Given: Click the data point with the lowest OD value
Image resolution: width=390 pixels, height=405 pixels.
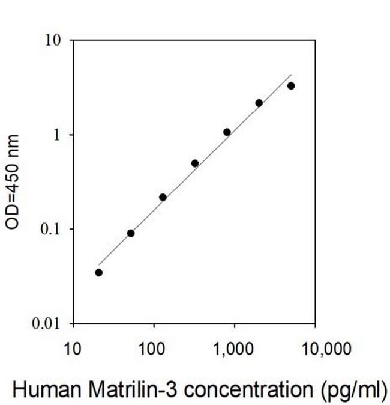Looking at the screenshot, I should [x=99, y=273].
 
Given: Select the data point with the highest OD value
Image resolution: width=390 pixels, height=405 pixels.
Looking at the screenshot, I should [x=291, y=86].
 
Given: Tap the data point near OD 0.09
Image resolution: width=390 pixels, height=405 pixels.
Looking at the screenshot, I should [x=131, y=233].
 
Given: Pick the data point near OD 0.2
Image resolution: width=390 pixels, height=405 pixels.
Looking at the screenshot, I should [x=163, y=197].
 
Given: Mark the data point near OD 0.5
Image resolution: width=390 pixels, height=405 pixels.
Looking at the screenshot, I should [x=195, y=163].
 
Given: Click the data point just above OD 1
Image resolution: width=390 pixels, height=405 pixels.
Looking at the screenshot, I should [x=227, y=132].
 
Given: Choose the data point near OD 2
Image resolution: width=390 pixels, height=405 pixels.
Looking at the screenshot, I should [x=259, y=103].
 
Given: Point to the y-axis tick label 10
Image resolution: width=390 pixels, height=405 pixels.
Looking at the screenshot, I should [x=55, y=40].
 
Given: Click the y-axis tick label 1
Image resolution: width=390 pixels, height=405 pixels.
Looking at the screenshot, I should [x=59, y=135].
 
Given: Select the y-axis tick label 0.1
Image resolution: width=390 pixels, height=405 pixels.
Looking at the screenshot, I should [x=53, y=229].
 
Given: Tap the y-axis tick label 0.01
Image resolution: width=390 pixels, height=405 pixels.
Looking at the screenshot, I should [x=50, y=324].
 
